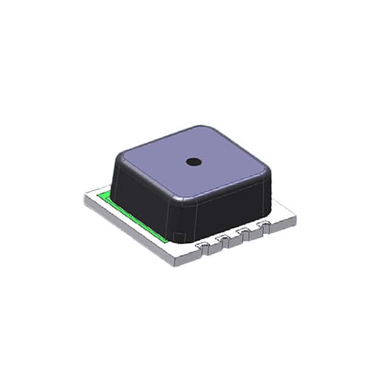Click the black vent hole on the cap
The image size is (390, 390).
[x=194, y=161]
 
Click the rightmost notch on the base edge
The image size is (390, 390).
[x=264, y=225]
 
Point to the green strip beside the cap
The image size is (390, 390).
[x=131, y=214]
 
